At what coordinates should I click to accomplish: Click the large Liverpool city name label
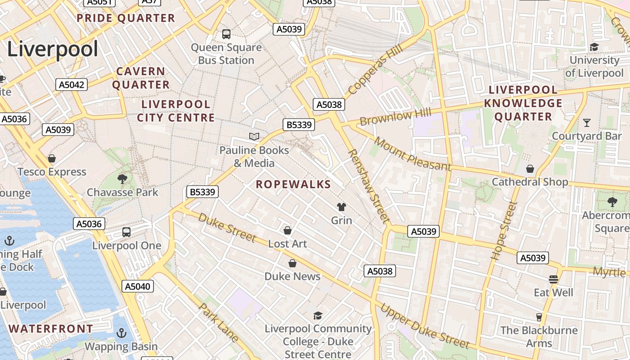coord(53,49)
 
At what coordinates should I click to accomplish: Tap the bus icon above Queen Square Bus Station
coord(226,34)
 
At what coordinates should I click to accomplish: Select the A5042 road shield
coord(72,85)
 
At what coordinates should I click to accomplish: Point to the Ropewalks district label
coord(293,184)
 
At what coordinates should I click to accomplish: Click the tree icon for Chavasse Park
coord(122,179)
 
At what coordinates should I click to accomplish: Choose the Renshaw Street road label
coord(368,186)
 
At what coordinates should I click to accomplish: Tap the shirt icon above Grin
coord(342,207)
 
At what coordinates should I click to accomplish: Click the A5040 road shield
coord(138,286)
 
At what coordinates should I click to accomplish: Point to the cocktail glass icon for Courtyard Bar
coord(587,122)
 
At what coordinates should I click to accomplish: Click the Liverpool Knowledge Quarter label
coord(523,103)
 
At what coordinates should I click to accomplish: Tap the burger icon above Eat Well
coord(553,279)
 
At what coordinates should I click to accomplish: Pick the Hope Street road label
coord(504,231)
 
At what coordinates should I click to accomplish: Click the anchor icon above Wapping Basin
coord(121,333)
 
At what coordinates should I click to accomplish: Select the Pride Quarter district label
coord(126,18)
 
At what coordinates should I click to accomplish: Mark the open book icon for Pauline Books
coord(254,136)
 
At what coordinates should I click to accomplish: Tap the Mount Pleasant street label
coord(412,154)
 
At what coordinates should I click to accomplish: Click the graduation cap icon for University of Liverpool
coord(594,47)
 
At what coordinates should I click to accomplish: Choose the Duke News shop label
coord(292,276)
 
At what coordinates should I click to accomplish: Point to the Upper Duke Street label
coord(425,326)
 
